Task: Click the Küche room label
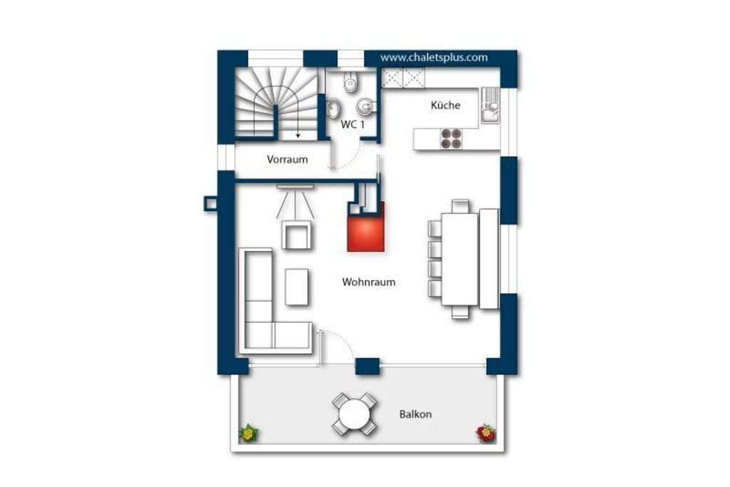pyautogui.click(x=445, y=106)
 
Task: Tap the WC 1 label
pyautogui.click(x=352, y=124)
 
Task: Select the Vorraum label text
pyautogui.click(x=287, y=159)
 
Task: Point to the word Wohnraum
pyautogui.click(x=369, y=282)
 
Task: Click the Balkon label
pyautogui.click(x=416, y=414)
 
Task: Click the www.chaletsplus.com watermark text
pyautogui.click(x=434, y=57)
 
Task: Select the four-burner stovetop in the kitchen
pyautogui.click(x=451, y=138)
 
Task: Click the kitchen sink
pyautogui.click(x=490, y=106)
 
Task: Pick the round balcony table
pyautogui.click(x=355, y=414)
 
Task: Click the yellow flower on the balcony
pyautogui.click(x=249, y=434)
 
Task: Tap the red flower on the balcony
pyautogui.click(x=485, y=433)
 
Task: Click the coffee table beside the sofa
pyautogui.click(x=297, y=287)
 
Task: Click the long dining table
pyautogui.click(x=460, y=259)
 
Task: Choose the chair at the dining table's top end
pyautogui.click(x=461, y=206)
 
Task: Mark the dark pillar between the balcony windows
pyautogui.click(x=367, y=366)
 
